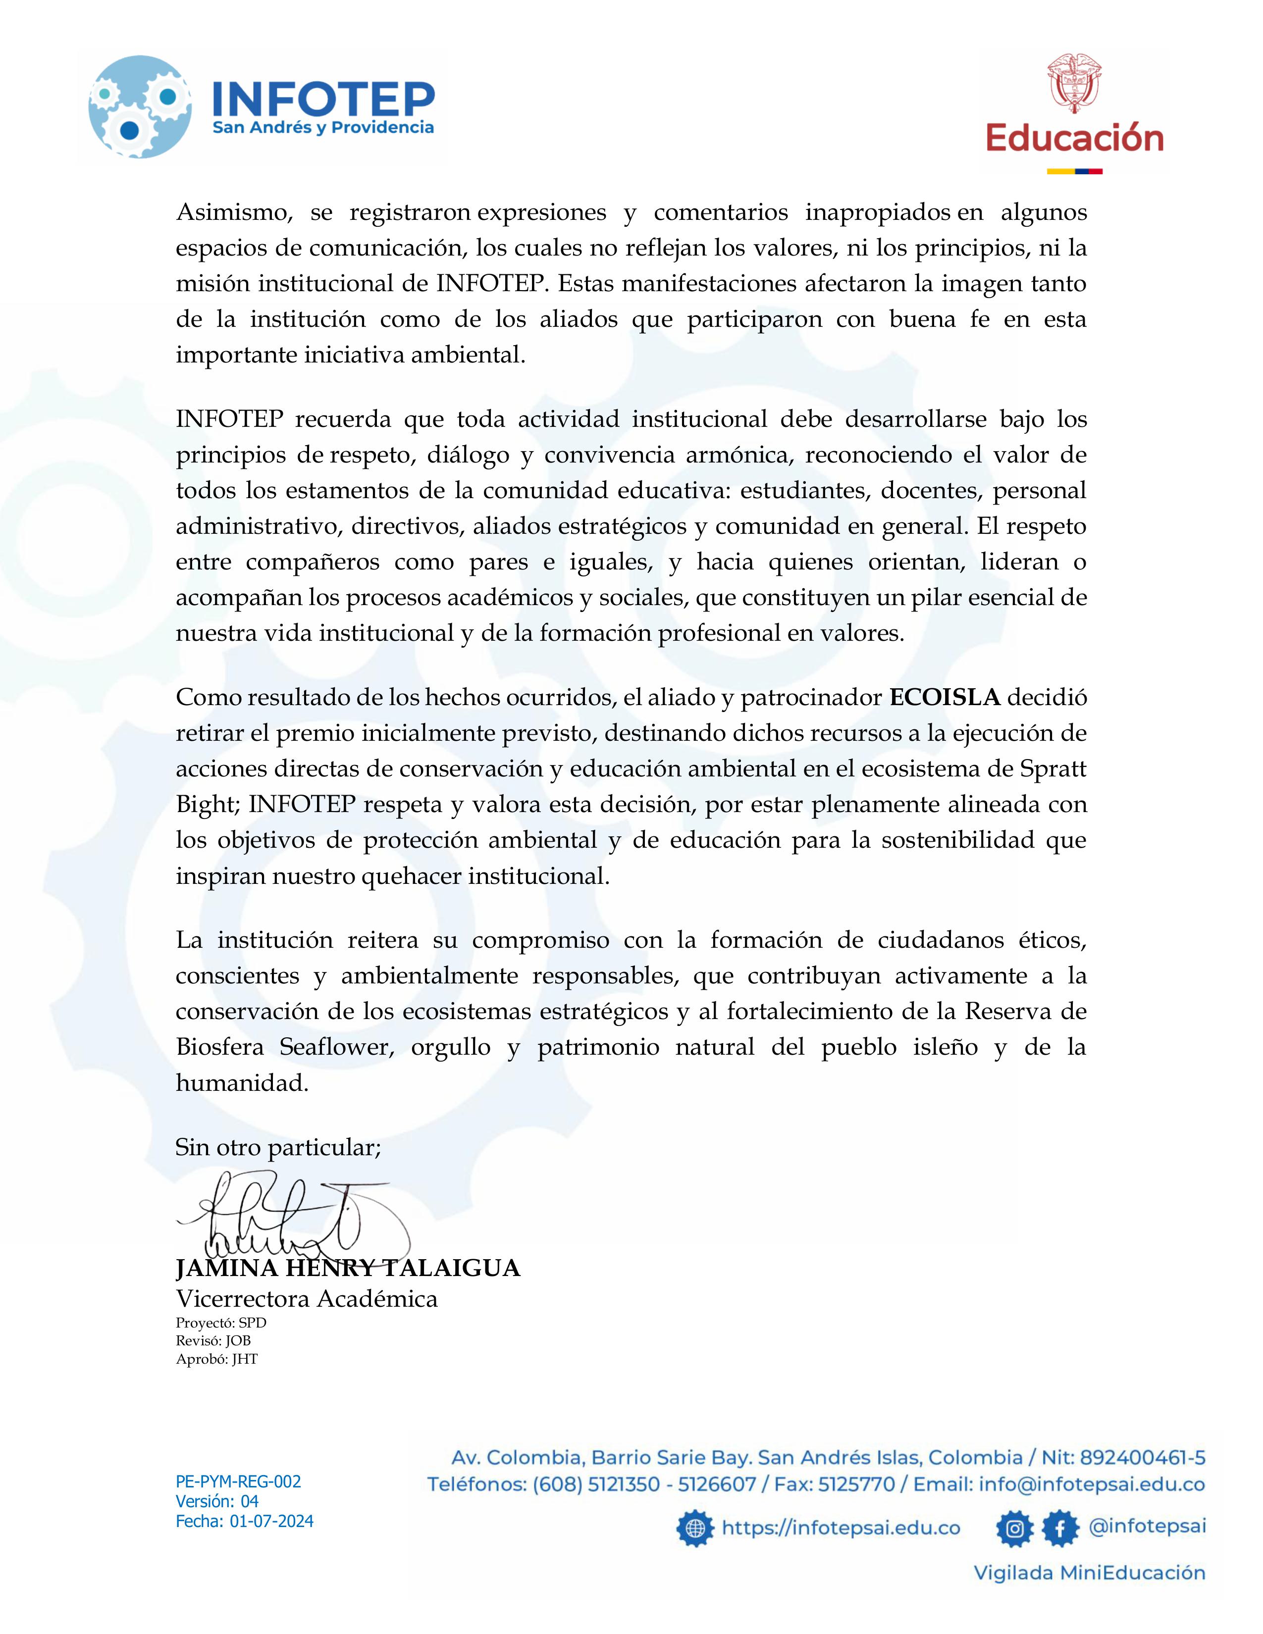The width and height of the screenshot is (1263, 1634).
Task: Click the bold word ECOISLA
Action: tap(944, 697)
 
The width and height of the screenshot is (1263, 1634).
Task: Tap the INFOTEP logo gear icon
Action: tap(139, 107)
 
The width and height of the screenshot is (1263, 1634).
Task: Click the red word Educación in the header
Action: tap(1074, 139)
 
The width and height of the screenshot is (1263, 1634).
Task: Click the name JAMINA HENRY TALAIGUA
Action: tap(348, 1268)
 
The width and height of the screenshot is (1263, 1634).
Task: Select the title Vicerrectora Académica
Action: tap(306, 1298)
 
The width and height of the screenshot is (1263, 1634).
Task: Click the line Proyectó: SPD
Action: tap(221, 1323)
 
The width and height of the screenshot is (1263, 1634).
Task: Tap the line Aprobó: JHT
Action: tap(216, 1359)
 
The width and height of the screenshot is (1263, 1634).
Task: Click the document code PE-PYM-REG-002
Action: tap(238, 1481)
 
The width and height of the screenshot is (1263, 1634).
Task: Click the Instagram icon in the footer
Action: tap(1014, 1528)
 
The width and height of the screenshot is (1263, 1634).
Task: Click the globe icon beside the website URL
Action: tap(695, 1528)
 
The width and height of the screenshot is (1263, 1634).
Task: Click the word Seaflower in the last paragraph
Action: tap(336, 1047)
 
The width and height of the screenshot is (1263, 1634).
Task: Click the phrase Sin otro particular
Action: tap(277, 1147)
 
